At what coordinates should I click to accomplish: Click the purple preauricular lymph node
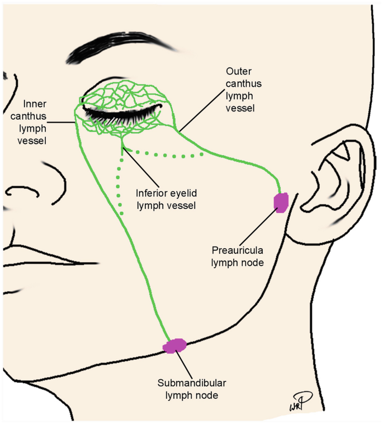point(280,202)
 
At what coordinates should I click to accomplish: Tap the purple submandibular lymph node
point(175,346)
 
